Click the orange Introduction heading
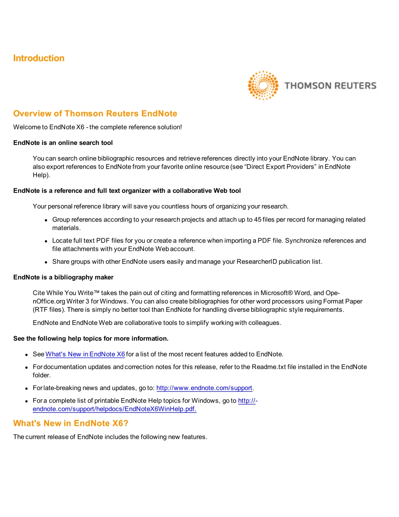(x=39, y=58)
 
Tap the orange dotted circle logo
(x=263, y=85)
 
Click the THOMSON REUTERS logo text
(x=330, y=86)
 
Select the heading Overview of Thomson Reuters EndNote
(x=95, y=113)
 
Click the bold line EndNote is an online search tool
(x=63, y=143)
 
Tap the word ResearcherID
(x=257, y=261)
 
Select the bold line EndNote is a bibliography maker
(x=63, y=277)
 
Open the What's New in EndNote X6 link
(x=85, y=354)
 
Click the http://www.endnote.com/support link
(x=204, y=388)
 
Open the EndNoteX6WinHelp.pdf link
(x=114, y=409)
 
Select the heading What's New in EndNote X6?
(x=71, y=423)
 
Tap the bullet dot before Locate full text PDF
(x=46, y=241)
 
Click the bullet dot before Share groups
(x=46, y=262)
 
